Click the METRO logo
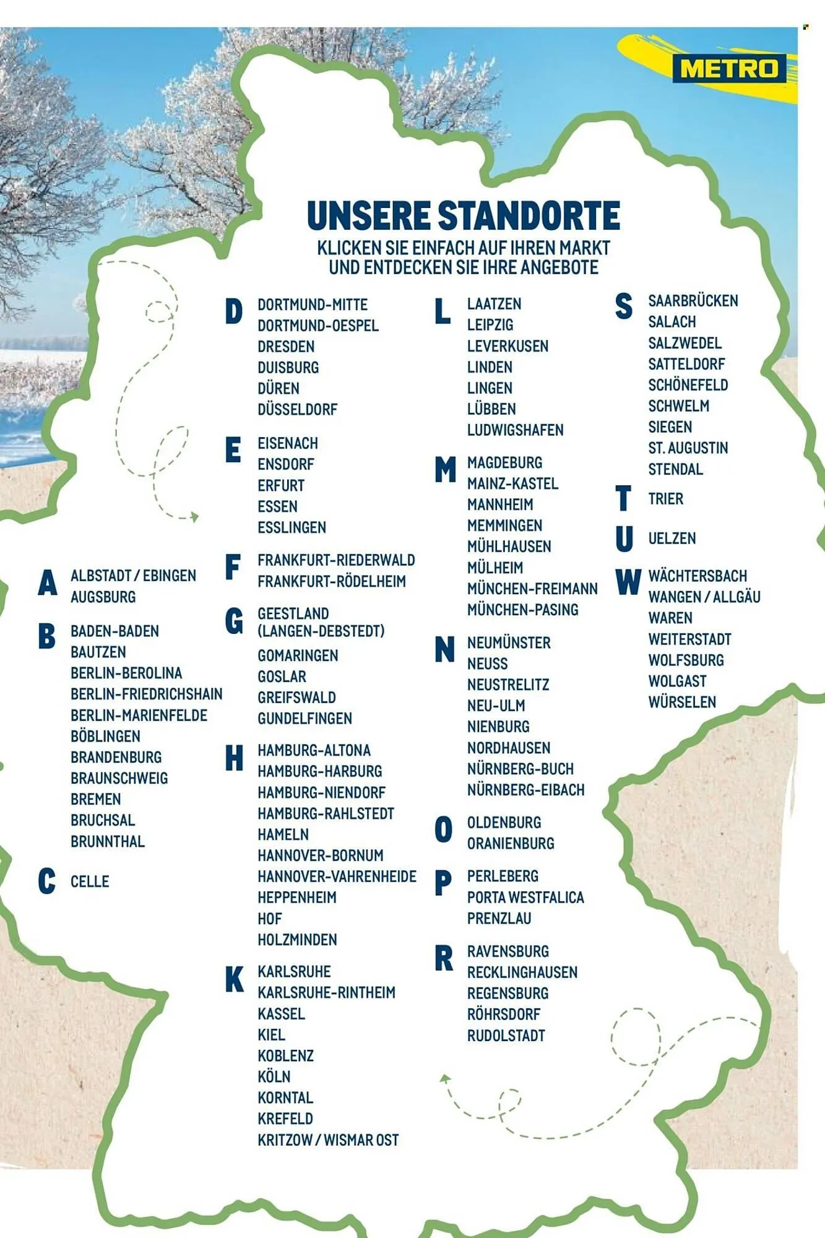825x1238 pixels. coord(728,68)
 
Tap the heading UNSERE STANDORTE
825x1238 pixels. coord(463,215)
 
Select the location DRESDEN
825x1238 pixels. coord(286,347)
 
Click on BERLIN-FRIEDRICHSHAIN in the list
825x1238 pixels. coord(146,694)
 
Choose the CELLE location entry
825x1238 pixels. coord(90,881)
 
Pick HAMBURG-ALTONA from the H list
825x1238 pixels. coord(314,750)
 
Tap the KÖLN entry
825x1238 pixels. coord(274,1076)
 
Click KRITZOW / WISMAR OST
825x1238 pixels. coord(328,1140)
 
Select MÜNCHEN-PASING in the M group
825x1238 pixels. coord(522,610)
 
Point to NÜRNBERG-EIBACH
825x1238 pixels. coord(525,790)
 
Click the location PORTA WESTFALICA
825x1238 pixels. coord(525,897)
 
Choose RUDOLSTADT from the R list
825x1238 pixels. coord(506,1036)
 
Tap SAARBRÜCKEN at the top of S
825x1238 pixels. coord(693,301)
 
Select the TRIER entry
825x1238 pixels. coord(665,499)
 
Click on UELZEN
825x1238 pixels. coord(672,539)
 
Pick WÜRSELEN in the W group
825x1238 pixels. coord(682,702)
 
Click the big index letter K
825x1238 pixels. coord(234,979)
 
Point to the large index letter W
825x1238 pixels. coord(628,582)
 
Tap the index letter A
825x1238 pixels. coord(47,583)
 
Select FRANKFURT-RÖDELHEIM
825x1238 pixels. coord(332,581)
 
